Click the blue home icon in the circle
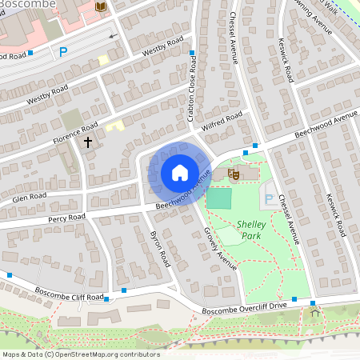pyautogui.click(x=180, y=172)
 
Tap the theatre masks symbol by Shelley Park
pyautogui.click(x=234, y=172)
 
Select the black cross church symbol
pyautogui.click(x=87, y=142)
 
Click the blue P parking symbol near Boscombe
pyautogui.click(x=63, y=52)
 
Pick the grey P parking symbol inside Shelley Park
pyautogui.click(x=269, y=198)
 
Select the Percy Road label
pyautogui.click(x=66, y=217)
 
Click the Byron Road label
pyautogui.click(x=160, y=248)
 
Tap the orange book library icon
pyautogui.click(x=100, y=6)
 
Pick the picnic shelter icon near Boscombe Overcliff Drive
pyautogui.click(x=314, y=314)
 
